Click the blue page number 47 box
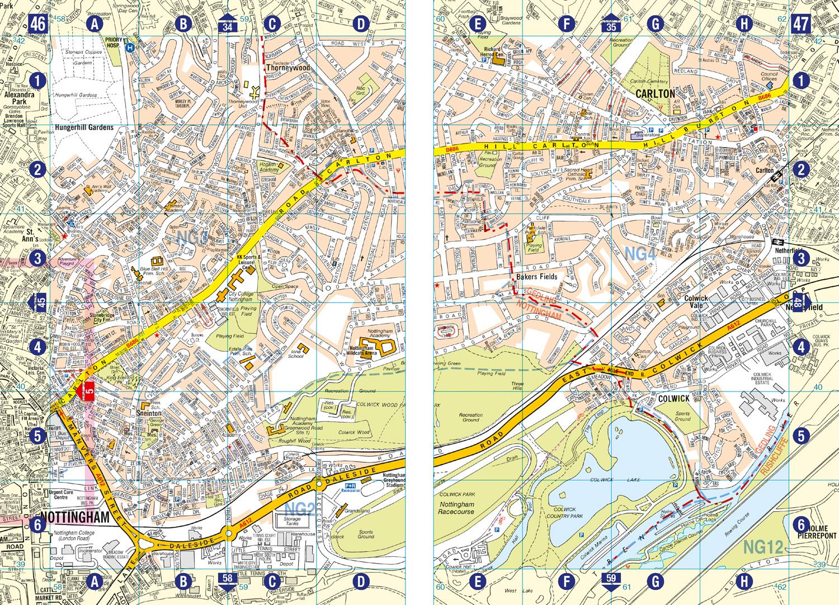pos(800,23)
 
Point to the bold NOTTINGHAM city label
pos(74,517)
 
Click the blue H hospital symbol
pos(130,48)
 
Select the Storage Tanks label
pos(289,523)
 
